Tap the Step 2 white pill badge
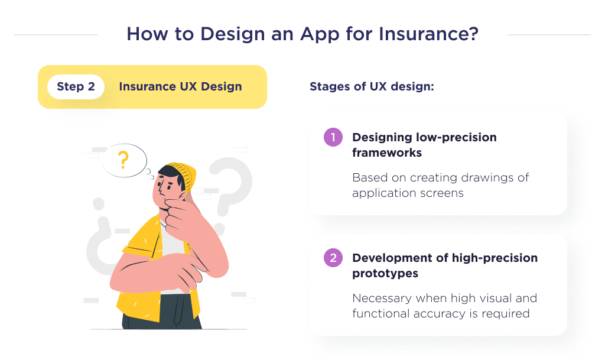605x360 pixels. (x=76, y=87)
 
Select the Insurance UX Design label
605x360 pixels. (x=180, y=87)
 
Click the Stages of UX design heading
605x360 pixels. (x=372, y=87)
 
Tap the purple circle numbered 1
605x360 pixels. (x=333, y=138)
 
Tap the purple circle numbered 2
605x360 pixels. (x=333, y=258)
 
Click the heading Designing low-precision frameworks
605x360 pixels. (x=424, y=145)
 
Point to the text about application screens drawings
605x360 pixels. (x=440, y=185)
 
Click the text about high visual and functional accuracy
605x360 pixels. (x=444, y=306)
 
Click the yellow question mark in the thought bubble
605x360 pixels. (x=123, y=159)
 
